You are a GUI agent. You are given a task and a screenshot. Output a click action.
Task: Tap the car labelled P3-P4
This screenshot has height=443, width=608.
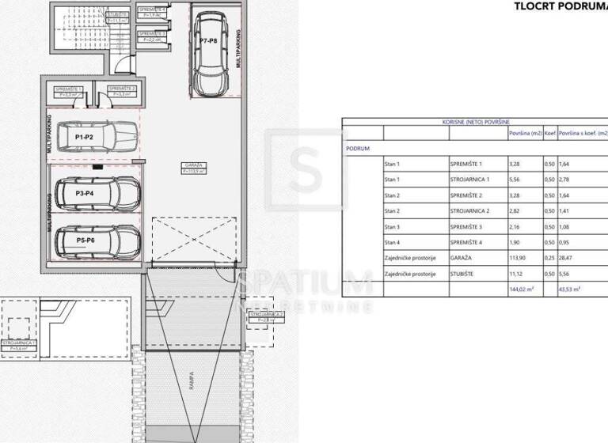[96, 192]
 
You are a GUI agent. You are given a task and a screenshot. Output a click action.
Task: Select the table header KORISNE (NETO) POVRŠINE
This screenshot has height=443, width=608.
[475, 123]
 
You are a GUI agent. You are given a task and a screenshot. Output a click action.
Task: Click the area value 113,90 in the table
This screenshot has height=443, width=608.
[519, 258]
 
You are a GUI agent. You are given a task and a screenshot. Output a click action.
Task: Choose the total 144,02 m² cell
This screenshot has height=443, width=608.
[522, 290]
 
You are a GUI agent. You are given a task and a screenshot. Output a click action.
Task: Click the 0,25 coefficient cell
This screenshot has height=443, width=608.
[549, 258]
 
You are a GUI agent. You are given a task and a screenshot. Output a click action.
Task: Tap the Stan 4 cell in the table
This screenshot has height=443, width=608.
[392, 242]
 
